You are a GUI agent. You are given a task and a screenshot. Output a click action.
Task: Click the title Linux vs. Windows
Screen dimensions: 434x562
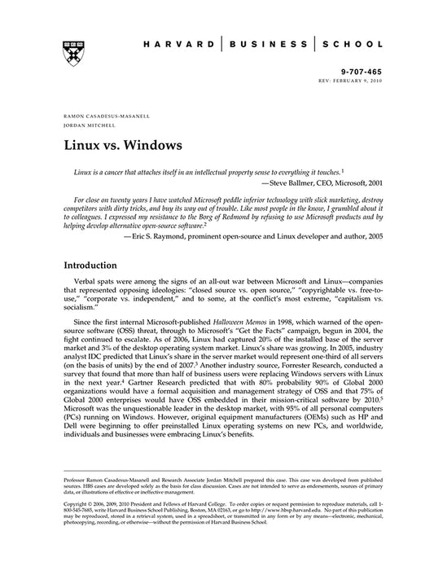[x=123, y=147]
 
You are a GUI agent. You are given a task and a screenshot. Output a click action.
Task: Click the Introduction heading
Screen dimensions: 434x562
[x=97, y=266]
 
